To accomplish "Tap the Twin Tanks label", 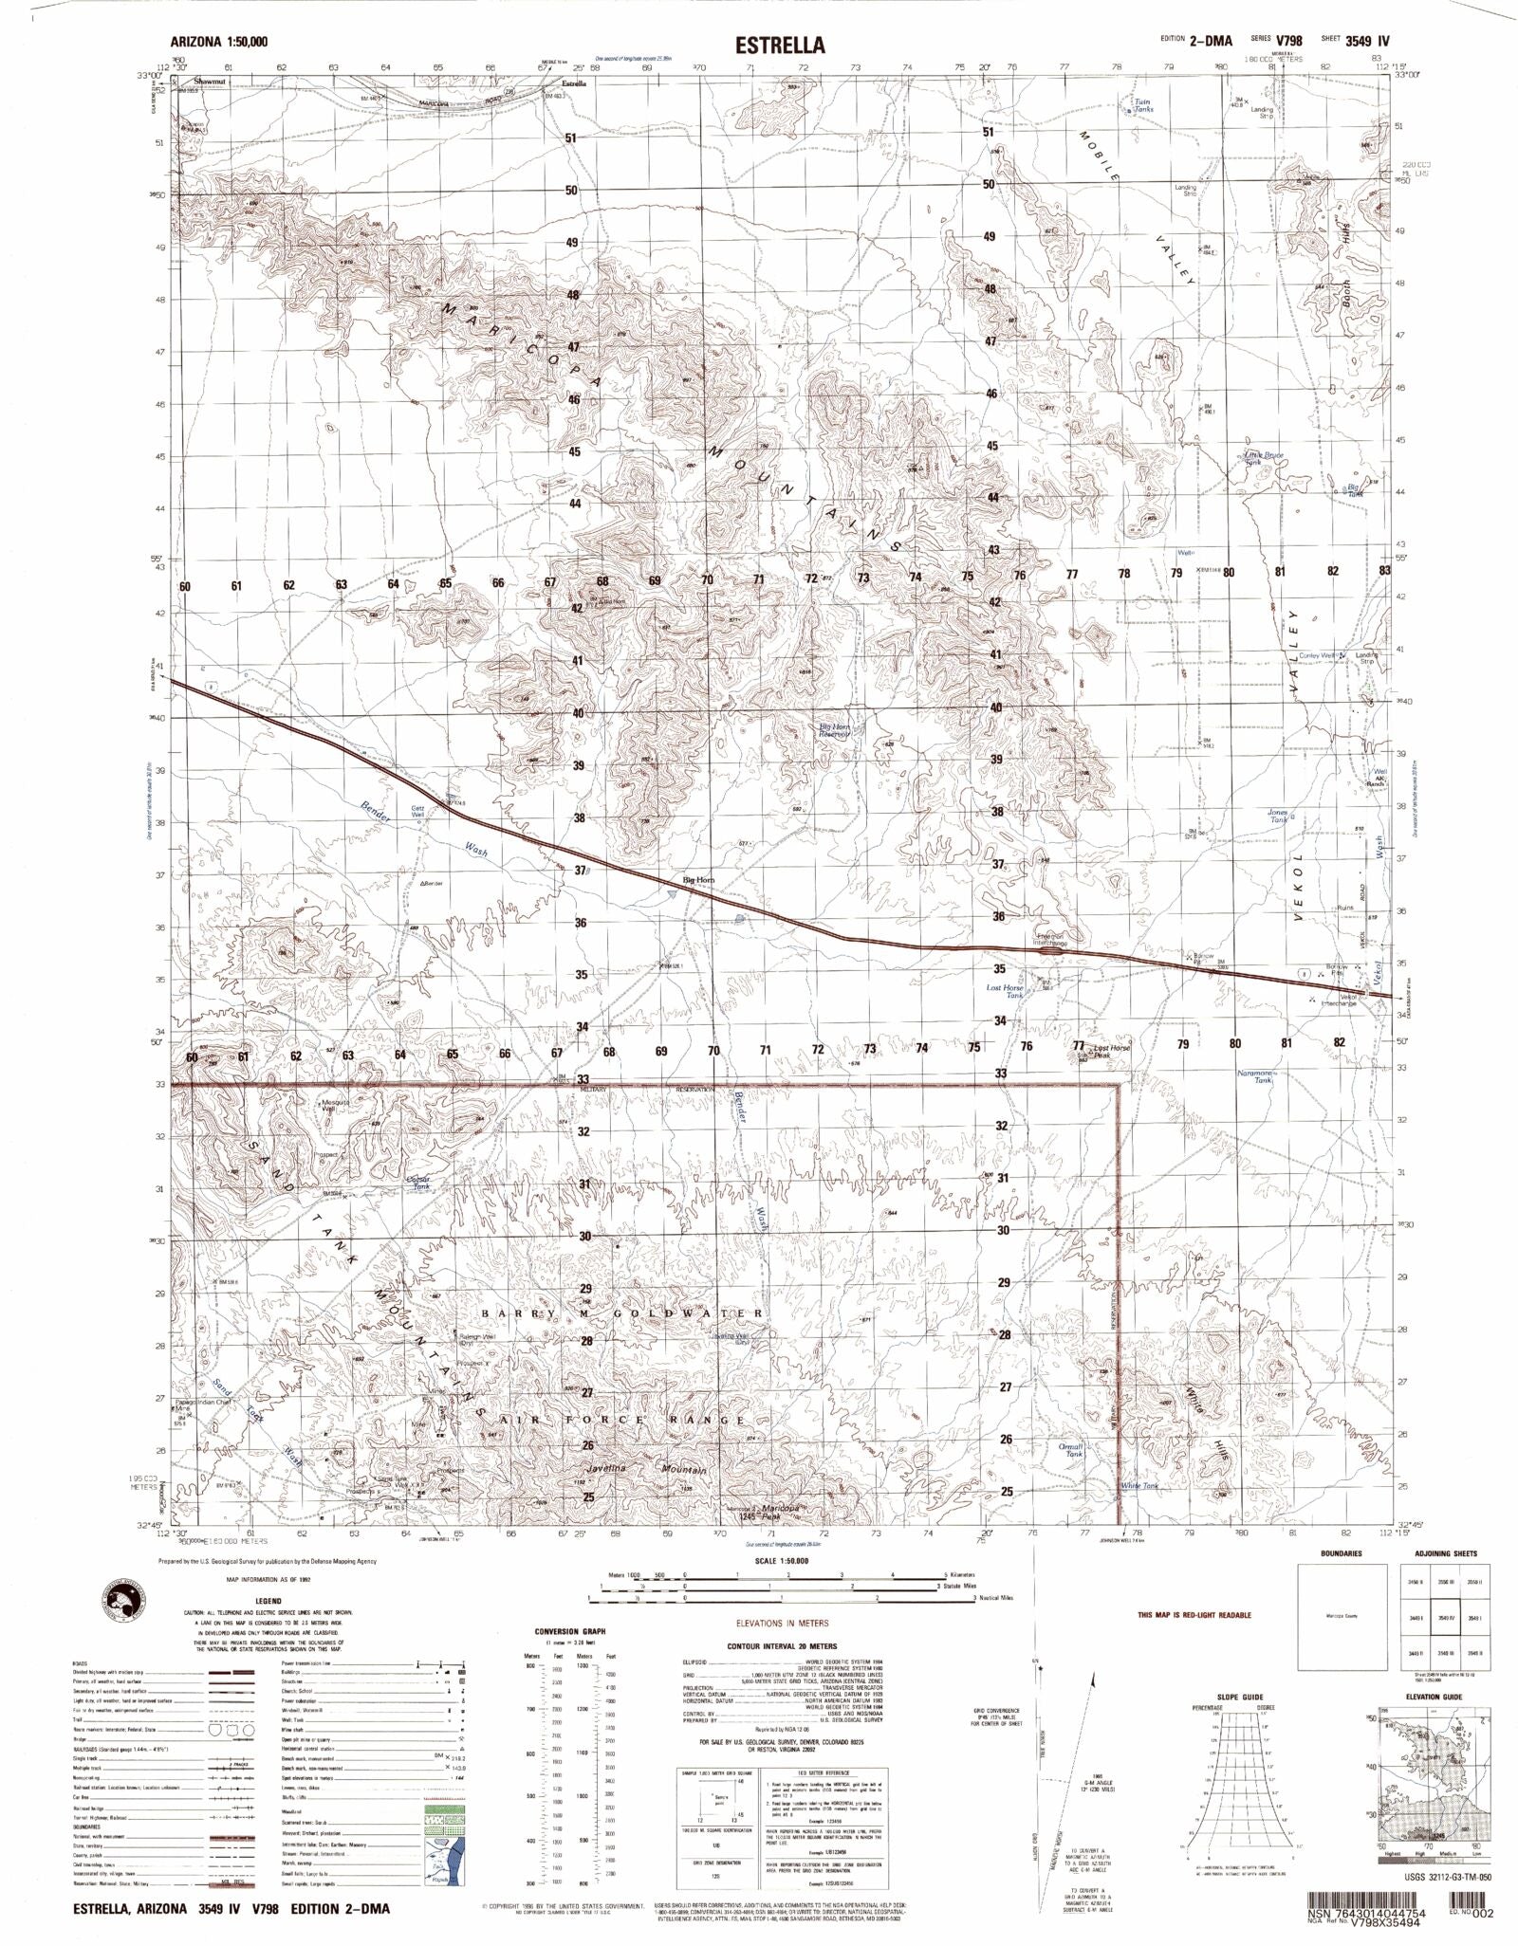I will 1142,105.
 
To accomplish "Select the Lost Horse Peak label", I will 1113,1051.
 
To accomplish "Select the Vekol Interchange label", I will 1339,1001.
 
